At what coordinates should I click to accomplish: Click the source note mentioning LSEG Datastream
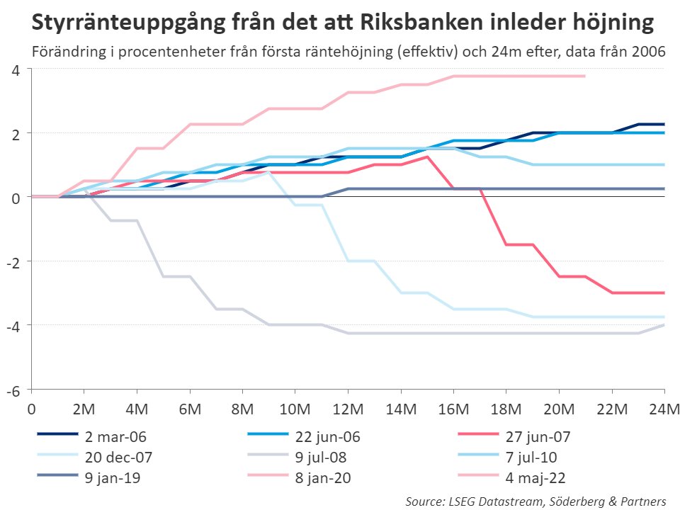pyautogui.click(x=536, y=501)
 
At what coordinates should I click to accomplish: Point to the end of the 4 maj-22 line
pyautogui.click(x=585, y=76)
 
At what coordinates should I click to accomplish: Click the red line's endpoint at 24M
pyautogui.click(x=664, y=293)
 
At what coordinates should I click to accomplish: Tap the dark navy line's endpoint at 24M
pyautogui.click(x=664, y=124)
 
